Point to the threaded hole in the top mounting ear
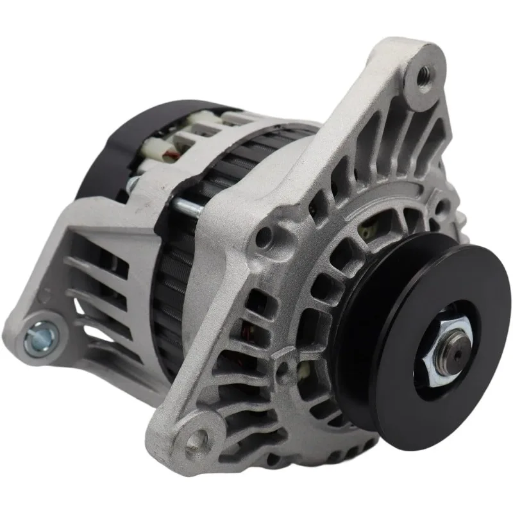click(x=424, y=78)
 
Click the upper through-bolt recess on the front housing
click(x=264, y=238)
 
